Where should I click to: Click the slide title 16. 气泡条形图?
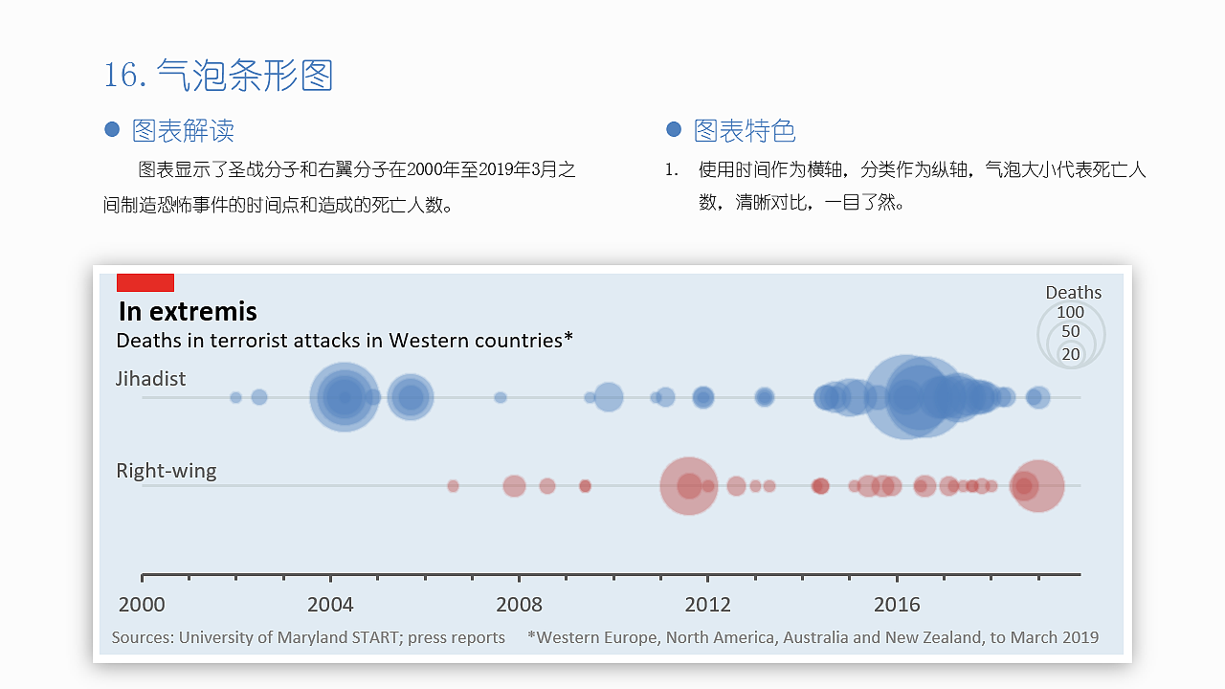click(x=218, y=75)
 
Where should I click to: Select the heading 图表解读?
click(x=183, y=130)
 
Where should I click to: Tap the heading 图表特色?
click(x=745, y=130)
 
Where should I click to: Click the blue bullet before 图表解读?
click(x=112, y=129)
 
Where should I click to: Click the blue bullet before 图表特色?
click(x=674, y=129)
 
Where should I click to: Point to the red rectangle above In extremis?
click(x=145, y=282)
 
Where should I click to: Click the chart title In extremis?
click(x=188, y=311)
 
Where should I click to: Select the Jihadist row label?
click(x=151, y=379)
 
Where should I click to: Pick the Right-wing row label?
click(x=167, y=471)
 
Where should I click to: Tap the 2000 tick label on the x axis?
click(x=142, y=605)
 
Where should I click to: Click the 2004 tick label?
click(x=330, y=605)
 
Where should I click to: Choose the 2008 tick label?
click(x=519, y=605)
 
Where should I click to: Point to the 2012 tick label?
click(x=708, y=605)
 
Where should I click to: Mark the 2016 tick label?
click(x=897, y=605)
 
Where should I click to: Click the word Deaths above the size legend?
click(x=1073, y=293)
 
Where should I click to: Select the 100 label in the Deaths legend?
click(x=1070, y=312)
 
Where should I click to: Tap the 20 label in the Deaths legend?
click(x=1071, y=354)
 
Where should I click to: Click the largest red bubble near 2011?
click(x=689, y=486)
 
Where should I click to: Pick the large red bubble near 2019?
click(x=1037, y=486)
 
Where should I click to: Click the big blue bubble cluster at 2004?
click(x=344, y=397)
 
